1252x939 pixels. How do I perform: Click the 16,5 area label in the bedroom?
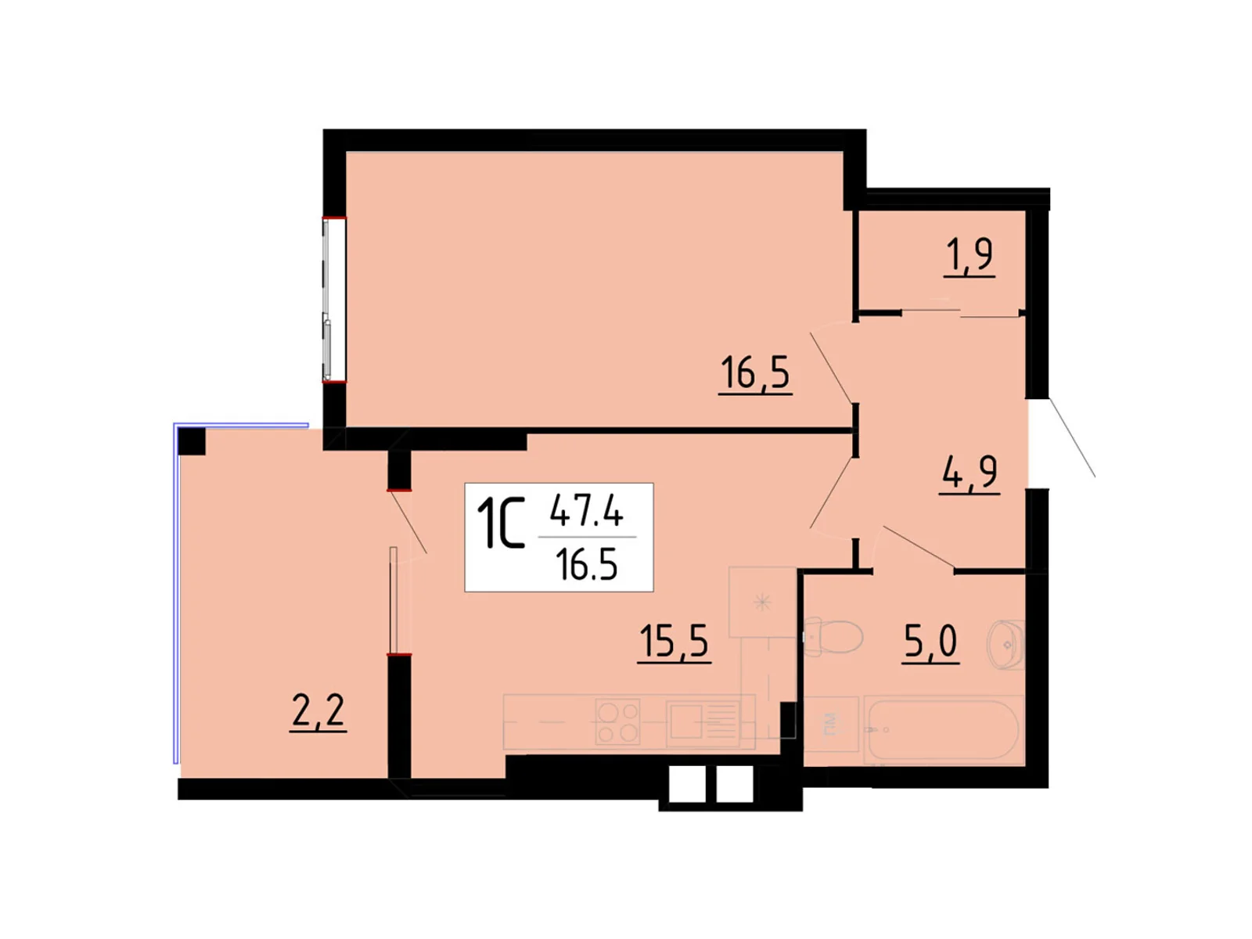click(x=754, y=373)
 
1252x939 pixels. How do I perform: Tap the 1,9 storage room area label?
click(x=969, y=257)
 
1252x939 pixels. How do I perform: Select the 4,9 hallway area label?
click(x=969, y=473)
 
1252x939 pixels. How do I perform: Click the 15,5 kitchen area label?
click(x=674, y=642)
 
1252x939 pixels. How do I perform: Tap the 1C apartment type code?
click(x=500, y=523)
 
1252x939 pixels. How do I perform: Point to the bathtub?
click(x=944, y=730)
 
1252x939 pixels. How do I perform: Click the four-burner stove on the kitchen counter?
click(x=617, y=721)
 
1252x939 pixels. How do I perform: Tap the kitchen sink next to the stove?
click(x=703, y=722)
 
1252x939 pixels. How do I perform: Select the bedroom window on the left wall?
click(x=333, y=300)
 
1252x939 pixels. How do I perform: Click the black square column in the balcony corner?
click(x=192, y=441)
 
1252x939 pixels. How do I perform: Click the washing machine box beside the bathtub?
click(x=830, y=724)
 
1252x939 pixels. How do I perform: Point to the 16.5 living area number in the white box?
click(x=588, y=566)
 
